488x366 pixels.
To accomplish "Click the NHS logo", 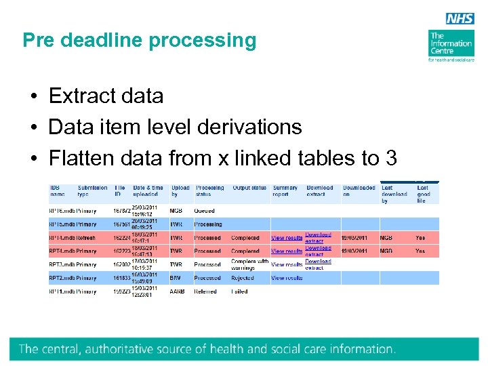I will click(460, 19).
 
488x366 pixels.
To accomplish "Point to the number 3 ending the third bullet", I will click(390, 158).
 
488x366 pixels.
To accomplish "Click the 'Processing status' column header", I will click(209, 191).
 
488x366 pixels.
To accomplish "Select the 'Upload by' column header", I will click(180, 191).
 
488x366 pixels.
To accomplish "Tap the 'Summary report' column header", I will click(285, 191).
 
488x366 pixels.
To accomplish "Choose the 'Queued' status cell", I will click(204, 211).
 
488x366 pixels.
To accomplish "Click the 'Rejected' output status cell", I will click(242, 278).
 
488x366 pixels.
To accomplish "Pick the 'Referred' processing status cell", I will click(205, 291).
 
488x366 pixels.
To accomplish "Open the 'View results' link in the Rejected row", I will click(287, 278).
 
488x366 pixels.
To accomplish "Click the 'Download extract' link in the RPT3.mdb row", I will click(317, 264).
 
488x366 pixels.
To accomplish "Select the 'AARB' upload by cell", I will click(177, 291).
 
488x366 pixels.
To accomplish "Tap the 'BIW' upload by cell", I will click(176, 278).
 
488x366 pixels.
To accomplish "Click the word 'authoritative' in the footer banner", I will click(153, 350).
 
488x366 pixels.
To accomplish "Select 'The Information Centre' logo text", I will click(450, 43).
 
